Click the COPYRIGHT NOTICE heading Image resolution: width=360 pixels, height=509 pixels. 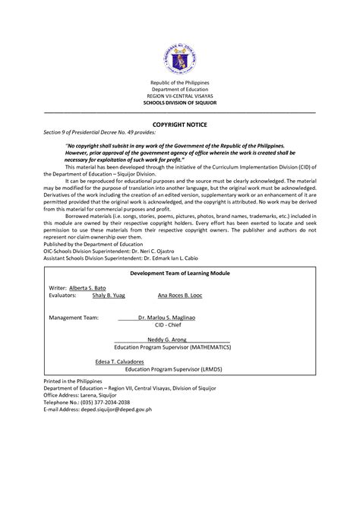180,123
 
